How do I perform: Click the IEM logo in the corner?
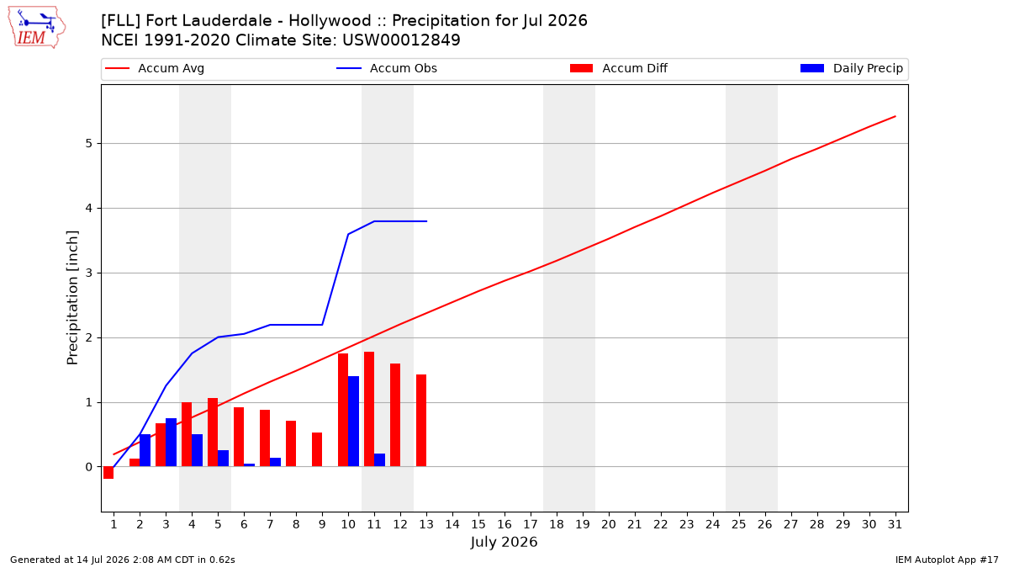36,28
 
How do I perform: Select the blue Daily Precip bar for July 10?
354,422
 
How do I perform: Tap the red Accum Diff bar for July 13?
421,421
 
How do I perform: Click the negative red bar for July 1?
108,472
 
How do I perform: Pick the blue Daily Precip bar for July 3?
172,443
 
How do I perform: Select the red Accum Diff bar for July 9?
317,449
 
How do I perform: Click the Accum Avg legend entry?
155,68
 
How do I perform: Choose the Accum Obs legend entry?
387,68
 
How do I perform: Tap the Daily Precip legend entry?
852,68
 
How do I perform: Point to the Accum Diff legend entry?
619,68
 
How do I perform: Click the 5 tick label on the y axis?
88,143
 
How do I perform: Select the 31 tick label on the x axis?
895,524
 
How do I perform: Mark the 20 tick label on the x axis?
609,524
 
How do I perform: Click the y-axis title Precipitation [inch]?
72,298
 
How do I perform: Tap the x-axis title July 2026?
504,542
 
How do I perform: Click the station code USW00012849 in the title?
401,40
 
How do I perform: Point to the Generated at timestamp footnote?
123,560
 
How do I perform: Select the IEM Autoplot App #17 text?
947,560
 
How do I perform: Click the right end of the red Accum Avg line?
895,116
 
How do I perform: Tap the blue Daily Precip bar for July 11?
380,460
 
